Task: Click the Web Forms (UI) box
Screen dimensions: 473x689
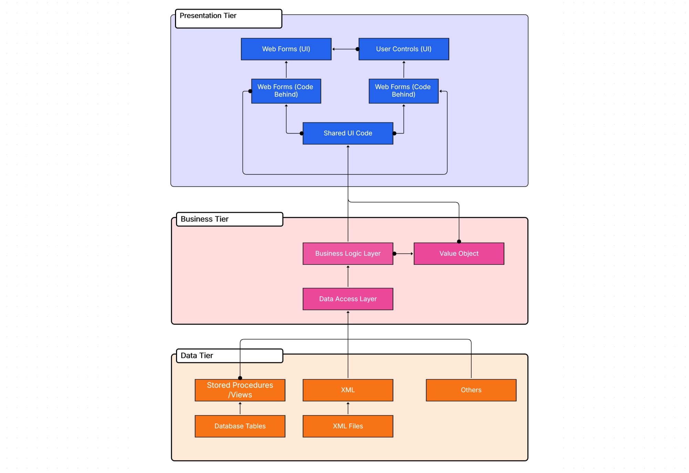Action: pos(286,49)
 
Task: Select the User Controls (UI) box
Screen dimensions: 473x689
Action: pos(403,49)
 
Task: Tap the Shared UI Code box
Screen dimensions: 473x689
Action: pos(348,133)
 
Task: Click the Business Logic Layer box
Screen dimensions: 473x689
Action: pos(348,253)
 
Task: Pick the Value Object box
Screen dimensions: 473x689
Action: pos(459,253)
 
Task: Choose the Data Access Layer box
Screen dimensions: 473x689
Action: pos(348,299)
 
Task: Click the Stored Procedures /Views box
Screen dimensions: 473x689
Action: pos(240,390)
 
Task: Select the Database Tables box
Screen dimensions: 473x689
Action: pos(240,426)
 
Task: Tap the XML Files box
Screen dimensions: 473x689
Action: pos(348,426)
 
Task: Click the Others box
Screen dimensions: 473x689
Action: pos(471,390)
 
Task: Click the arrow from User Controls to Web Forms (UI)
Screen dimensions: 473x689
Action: pos(345,49)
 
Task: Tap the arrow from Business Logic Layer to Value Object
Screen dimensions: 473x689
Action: pos(403,254)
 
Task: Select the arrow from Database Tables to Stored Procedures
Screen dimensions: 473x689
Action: pos(240,408)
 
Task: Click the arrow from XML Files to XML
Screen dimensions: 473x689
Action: pos(348,408)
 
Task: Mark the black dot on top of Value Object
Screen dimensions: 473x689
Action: pos(459,241)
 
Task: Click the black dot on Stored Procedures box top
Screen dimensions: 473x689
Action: pos(240,378)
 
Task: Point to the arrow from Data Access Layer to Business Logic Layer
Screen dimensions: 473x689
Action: pos(348,276)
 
